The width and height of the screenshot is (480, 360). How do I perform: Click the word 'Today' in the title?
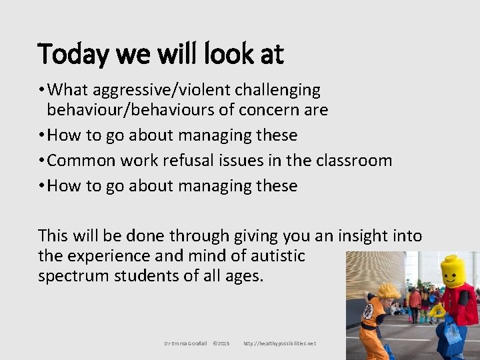click(69, 55)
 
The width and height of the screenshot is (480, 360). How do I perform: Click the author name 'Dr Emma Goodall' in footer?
click(186, 343)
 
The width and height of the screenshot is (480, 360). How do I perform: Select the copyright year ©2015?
click(221, 343)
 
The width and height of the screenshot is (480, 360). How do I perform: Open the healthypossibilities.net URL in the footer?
click(280, 343)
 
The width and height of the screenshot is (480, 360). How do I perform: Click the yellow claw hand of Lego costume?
click(437, 311)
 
